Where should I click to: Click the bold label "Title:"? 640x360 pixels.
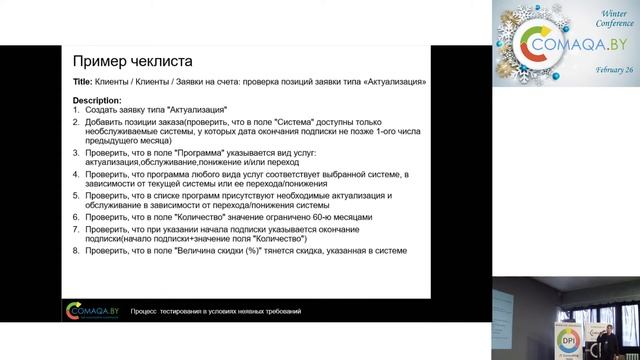pyautogui.click(x=84, y=81)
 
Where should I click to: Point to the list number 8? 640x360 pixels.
pyautogui.click(x=77, y=250)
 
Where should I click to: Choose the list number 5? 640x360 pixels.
pyautogui.click(x=77, y=196)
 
